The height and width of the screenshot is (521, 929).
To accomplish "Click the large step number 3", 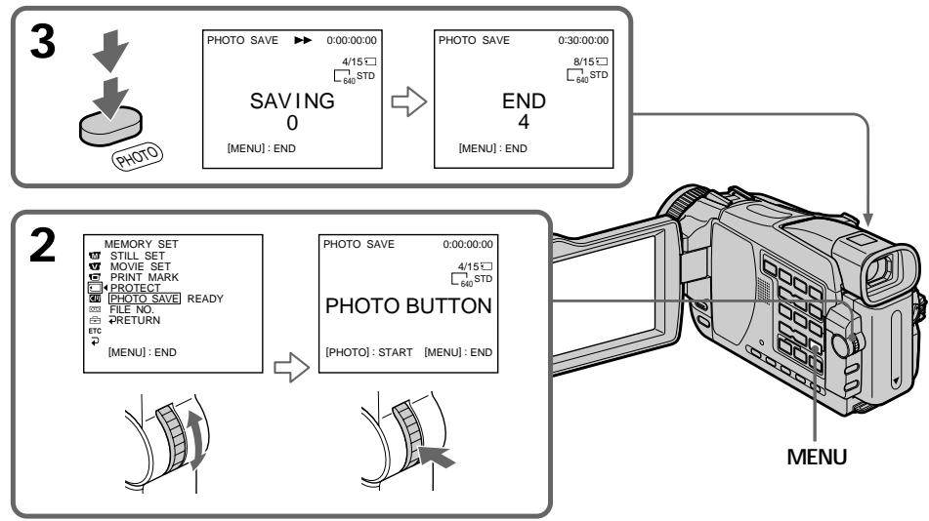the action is click(x=43, y=42).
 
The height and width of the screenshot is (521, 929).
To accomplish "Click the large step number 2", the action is click(x=43, y=245).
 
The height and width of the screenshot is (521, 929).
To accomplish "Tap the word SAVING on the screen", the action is click(x=292, y=101).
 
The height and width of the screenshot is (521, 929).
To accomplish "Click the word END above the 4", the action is click(x=524, y=101).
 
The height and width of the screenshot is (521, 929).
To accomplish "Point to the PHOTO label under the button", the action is click(x=138, y=157).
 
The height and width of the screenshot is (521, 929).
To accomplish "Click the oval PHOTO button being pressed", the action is click(x=110, y=126).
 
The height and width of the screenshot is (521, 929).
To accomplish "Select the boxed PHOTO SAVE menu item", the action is click(x=145, y=299).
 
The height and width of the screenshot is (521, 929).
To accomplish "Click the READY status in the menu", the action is click(x=205, y=299).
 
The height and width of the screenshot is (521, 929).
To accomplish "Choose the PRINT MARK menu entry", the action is click(x=144, y=277).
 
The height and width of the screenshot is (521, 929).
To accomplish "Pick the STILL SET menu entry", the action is click(x=138, y=256).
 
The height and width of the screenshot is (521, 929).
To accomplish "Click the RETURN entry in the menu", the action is click(x=135, y=320).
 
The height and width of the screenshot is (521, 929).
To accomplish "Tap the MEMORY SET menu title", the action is click(x=141, y=244).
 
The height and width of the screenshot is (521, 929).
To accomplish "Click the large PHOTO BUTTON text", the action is click(x=408, y=306).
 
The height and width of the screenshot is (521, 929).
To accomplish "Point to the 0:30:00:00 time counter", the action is click(x=583, y=40).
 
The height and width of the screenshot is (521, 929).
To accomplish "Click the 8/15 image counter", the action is click(x=583, y=61).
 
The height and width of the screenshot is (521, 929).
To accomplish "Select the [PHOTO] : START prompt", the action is click(x=368, y=352).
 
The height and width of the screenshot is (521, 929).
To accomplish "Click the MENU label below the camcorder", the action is click(x=817, y=457).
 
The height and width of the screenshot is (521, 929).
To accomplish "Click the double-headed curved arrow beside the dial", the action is click(x=196, y=441).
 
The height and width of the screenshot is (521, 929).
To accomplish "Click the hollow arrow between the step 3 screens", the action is click(x=408, y=101).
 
